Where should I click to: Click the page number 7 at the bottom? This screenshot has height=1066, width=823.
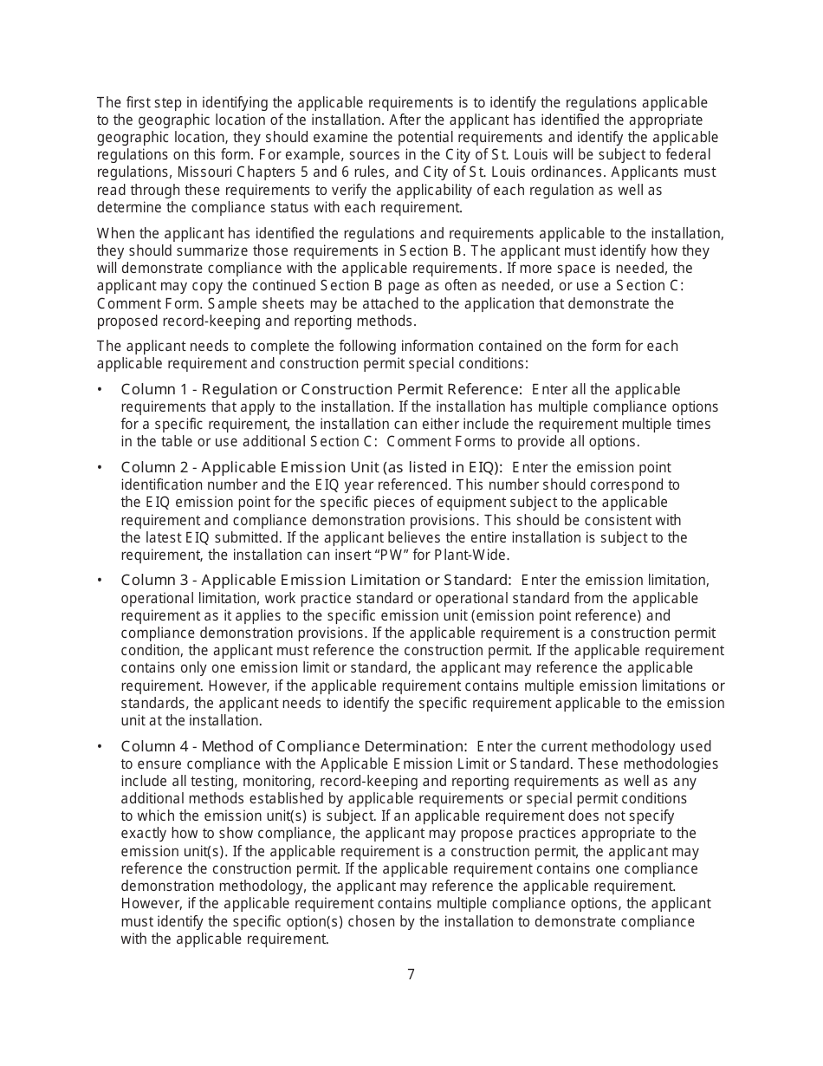pos(411,974)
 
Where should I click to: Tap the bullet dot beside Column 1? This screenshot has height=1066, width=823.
pos(100,389)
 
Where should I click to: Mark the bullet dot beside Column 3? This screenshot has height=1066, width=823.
pos(100,580)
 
